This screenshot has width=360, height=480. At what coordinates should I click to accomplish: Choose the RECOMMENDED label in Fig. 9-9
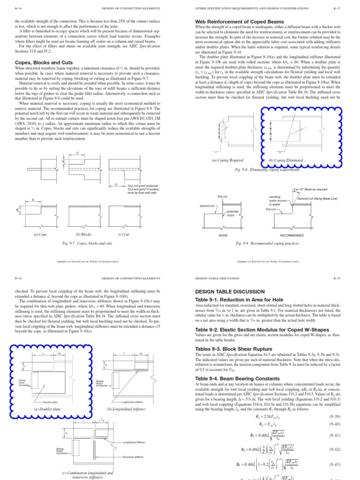[292, 234]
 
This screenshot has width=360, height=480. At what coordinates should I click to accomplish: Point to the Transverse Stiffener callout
[135, 456]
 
